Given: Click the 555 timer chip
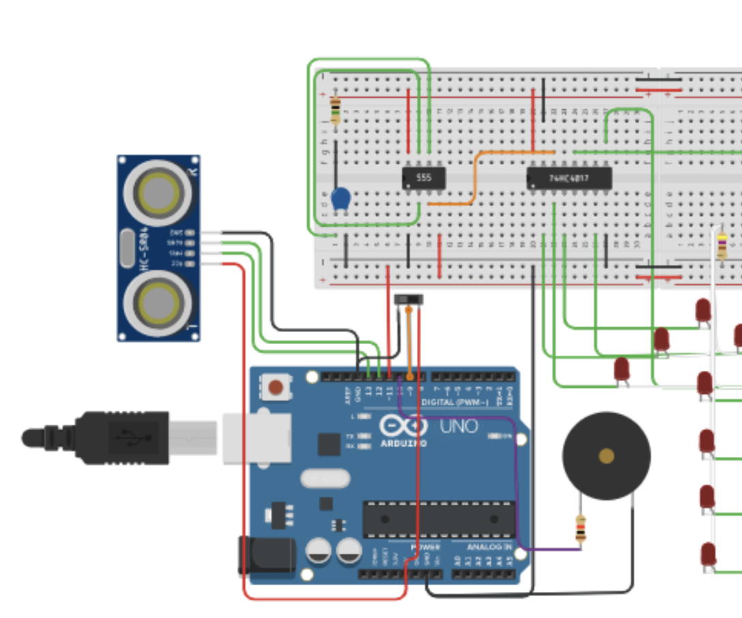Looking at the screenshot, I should coord(424,178).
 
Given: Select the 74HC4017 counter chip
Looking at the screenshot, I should coord(569,179).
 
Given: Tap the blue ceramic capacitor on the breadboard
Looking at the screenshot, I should coord(341,198).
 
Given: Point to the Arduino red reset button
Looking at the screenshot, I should coord(276,388).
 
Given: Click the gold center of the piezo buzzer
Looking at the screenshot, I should coord(606,455).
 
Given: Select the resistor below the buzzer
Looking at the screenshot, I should coord(580,529).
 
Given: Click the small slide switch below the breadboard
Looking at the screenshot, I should coord(409,299).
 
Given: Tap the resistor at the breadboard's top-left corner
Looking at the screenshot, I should coord(335,110).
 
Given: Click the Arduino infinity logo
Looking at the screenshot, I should coord(403,427).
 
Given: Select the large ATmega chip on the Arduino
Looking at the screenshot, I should coord(438,519).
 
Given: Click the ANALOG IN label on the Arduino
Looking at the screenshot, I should coord(489,547).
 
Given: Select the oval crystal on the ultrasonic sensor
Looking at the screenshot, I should coord(127,248).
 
